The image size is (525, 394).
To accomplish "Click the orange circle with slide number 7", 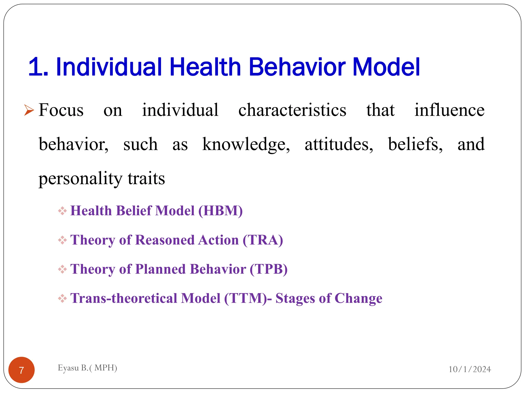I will click(22, 370).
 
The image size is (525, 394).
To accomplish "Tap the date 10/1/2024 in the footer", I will click(470, 369).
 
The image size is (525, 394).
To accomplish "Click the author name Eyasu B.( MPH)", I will click(87, 368).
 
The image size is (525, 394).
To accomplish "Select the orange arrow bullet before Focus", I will click(29, 110).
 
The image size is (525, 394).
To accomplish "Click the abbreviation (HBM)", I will click(220, 211).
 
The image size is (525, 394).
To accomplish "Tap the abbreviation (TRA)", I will click(263, 240).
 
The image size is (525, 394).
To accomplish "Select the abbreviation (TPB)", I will click(268, 269).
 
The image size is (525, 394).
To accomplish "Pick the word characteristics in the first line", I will click(292, 110).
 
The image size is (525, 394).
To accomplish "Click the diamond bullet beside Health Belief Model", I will click(62, 211).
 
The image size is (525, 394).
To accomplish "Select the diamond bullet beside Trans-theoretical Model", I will click(62, 299).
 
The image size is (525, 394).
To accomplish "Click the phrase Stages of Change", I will click(329, 298).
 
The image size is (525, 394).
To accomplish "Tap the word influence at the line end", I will click(449, 110).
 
